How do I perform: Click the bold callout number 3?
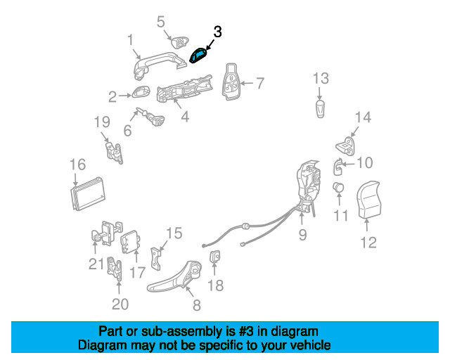coord(217,32)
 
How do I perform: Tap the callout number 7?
coord(259,84)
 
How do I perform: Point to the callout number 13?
coord(321,77)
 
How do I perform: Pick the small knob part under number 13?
coord(321,110)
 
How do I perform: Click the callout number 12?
coord(368,243)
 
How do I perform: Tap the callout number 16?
coord(77,165)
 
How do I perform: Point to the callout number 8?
coord(196,305)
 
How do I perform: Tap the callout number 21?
coord(96,264)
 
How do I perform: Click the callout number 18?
coord(216,285)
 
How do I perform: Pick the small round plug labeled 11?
coord(338,188)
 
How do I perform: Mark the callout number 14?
coord(362,117)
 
